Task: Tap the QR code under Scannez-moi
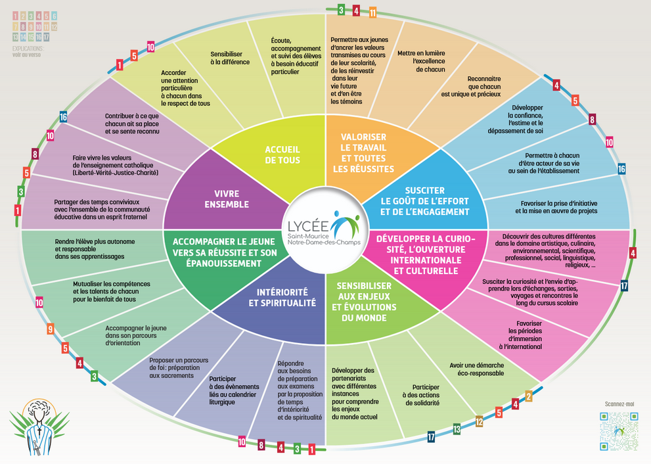pyautogui.click(x=619, y=430)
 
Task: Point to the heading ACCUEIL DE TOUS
pyautogui.click(x=282, y=154)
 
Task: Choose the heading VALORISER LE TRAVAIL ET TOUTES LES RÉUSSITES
pyautogui.click(x=367, y=151)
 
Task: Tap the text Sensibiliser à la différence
pyautogui.click(x=230, y=58)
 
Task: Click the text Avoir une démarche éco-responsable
pyautogui.click(x=477, y=369)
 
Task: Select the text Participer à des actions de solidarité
pyautogui.click(x=426, y=394)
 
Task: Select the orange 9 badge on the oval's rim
pyautogui.click(x=50, y=329)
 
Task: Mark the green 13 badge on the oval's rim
pyautogui.click(x=457, y=429)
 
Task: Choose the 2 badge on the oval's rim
pyautogui.click(x=528, y=396)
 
